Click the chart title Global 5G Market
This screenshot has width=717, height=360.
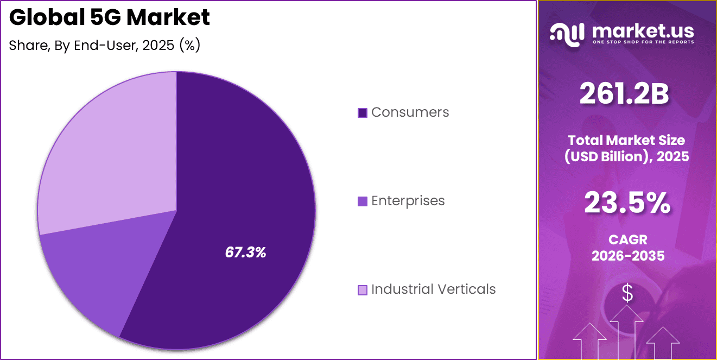(109, 18)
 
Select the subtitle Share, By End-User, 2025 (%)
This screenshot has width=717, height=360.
(105, 46)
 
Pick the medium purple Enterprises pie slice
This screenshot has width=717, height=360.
(98, 271)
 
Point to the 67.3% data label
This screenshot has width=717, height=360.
(245, 252)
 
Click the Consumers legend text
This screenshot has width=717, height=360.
(410, 112)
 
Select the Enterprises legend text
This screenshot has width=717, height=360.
(408, 201)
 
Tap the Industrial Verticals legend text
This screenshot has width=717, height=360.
(433, 289)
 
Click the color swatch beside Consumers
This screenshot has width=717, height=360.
(363, 113)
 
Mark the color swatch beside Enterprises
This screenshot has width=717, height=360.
(363, 201)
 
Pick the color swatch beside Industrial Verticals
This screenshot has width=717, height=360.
(363, 290)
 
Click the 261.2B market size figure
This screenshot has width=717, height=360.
(624, 94)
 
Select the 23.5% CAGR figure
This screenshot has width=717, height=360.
(627, 204)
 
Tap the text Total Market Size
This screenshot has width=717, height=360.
(627, 140)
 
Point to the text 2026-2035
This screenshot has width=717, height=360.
(628, 256)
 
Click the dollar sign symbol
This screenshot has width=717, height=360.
(627, 294)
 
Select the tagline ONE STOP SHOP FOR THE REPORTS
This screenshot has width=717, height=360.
(643, 42)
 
